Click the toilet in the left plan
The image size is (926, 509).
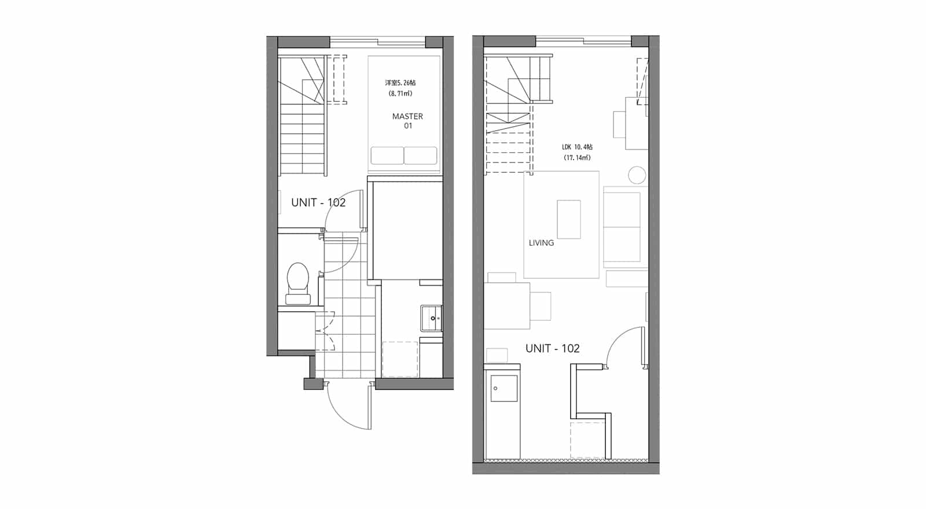(x=297, y=283)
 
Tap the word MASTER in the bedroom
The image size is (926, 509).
(x=407, y=116)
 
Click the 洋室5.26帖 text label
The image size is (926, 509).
(x=400, y=83)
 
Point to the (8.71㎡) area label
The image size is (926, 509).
(x=400, y=93)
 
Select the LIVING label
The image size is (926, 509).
(x=541, y=243)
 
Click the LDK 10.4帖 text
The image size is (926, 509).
(x=577, y=147)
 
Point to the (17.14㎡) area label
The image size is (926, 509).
(x=577, y=157)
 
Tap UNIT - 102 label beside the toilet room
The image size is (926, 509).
(x=318, y=202)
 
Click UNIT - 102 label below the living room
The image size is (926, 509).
(x=552, y=348)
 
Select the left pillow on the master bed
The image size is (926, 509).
(x=387, y=156)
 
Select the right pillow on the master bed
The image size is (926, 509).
(x=420, y=156)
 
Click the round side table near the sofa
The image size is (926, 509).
(x=637, y=175)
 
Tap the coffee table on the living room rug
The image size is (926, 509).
(x=569, y=219)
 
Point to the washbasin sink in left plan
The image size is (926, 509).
(x=432, y=318)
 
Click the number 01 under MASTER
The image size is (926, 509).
(x=408, y=126)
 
